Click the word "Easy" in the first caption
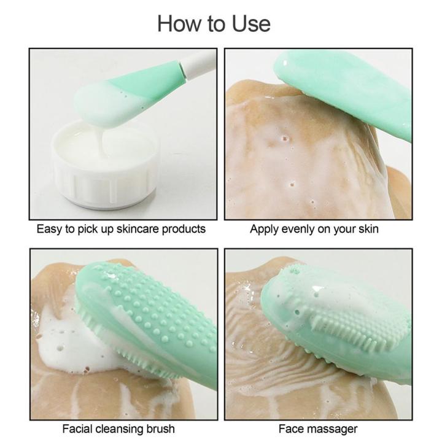pos(48,229)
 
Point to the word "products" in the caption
pos(182,229)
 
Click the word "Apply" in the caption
pos(263,229)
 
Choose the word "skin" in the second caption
pos(366,229)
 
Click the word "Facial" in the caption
pos(77,428)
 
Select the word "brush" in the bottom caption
pos(160,428)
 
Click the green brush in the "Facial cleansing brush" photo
pos(153,319)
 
